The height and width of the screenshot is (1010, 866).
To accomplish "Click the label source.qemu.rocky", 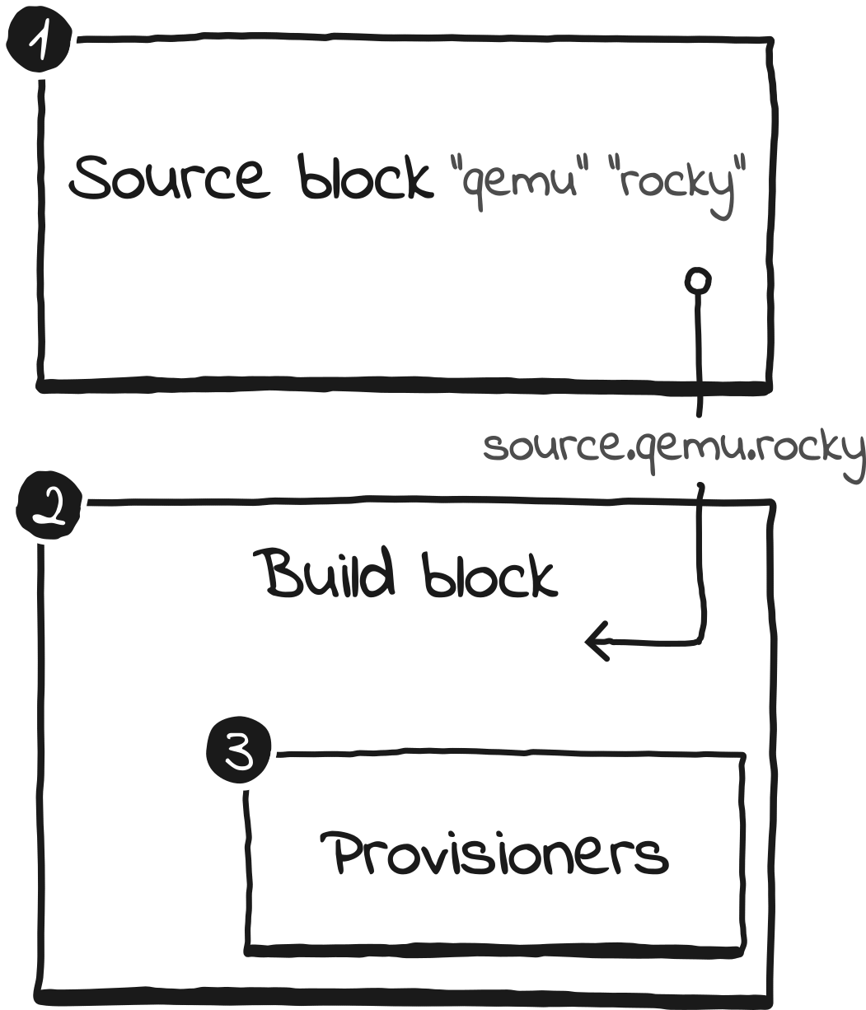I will point(673,450).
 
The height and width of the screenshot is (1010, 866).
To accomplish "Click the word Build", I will point(329,573).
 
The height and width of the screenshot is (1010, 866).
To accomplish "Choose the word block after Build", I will point(489,573).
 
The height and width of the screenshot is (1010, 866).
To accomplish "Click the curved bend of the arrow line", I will point(701,636).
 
